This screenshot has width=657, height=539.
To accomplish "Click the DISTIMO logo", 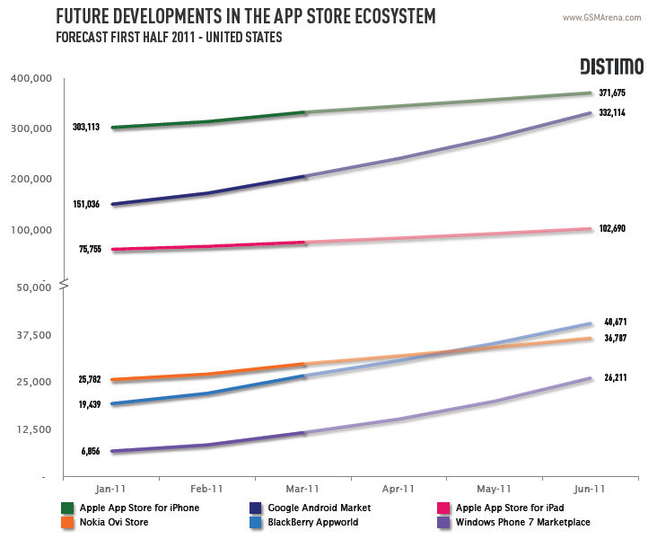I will point(610,66).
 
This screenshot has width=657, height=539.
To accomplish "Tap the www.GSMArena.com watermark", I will point(602,17).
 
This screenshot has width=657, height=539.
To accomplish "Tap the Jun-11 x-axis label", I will point(589,489).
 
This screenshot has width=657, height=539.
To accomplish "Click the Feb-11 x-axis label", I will point(207,489).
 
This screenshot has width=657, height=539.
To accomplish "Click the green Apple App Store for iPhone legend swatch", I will point(67,508).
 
